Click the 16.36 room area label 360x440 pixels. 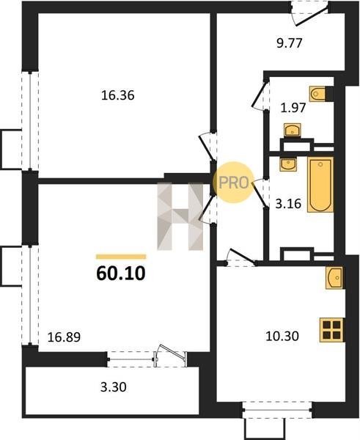coord(118,95)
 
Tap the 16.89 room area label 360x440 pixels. coord(64,337)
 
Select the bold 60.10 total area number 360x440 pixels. coord(121,274)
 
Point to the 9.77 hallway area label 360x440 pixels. coord(290,43)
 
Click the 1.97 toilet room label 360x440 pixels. coord(293,108)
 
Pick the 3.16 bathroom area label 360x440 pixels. coord(288,204)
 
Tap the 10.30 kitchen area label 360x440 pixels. coord(282,336)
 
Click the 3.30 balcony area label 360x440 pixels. coord(114,387)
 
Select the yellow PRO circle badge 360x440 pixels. coord(233,183)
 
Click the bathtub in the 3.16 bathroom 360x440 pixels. coord(320,184)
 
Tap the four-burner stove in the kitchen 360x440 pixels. coord(332,330)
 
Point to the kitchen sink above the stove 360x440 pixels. coord(334,278)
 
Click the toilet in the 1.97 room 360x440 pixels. coord(321,93)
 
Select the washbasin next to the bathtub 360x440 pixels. coord(288,164)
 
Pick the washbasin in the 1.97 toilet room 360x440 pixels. coord(293,131)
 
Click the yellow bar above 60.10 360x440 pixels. coord(121,257)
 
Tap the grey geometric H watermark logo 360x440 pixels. coord(180,216)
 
